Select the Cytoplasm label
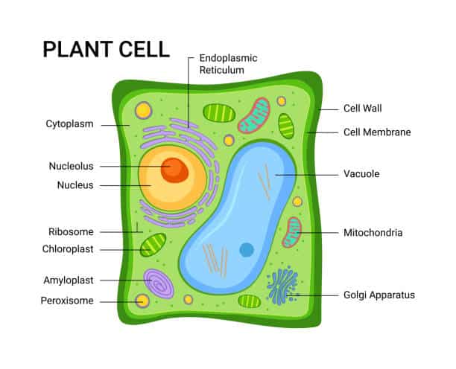[69, 124]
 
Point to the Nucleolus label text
[72, 166]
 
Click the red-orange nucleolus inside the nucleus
[175, 169]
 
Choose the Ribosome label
[71, 231]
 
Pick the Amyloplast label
[69, 280]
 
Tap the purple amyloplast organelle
[159, 283]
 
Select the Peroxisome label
[67, 301]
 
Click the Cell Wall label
[362, 109]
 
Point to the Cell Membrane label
[377, 132]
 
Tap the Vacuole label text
[361, 174]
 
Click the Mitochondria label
[373, 233]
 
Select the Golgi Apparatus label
[379, 295]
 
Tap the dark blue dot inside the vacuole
[247, 250]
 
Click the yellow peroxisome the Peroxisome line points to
[142, 301]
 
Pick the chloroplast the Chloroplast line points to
[153, 245]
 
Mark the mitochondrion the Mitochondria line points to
[291, 232]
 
